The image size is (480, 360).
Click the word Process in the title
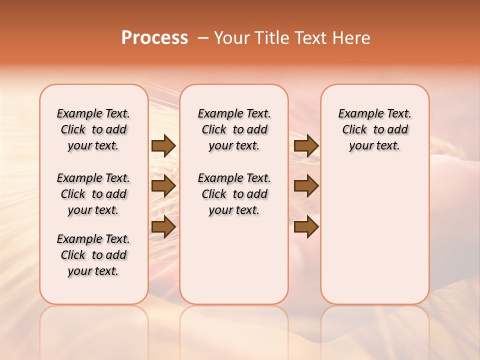tap(154, 38)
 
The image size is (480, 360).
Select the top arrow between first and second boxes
tap(163, 145)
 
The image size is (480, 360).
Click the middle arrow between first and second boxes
tap(163, 186)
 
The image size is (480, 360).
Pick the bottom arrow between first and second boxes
tap(163, 227)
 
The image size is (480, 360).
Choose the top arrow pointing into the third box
tap(306, 145)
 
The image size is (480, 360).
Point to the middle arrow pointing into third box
tap(306, 186)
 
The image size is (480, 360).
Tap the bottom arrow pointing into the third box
tap(306, 227)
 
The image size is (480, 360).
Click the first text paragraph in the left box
tap(93, 129)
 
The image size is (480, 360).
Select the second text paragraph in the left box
tap(93, 194)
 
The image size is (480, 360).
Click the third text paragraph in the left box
tap(93, 255)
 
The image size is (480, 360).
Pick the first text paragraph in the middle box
tap(234, 129)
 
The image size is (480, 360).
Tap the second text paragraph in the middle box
tap(234, 194)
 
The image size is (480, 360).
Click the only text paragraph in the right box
tap(374, 129)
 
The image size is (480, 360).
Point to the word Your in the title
tap(231, 38)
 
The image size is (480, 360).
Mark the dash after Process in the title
tap(203, 38)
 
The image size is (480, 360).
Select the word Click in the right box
tap(354, 130)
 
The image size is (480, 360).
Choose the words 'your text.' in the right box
tap(374, 146)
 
